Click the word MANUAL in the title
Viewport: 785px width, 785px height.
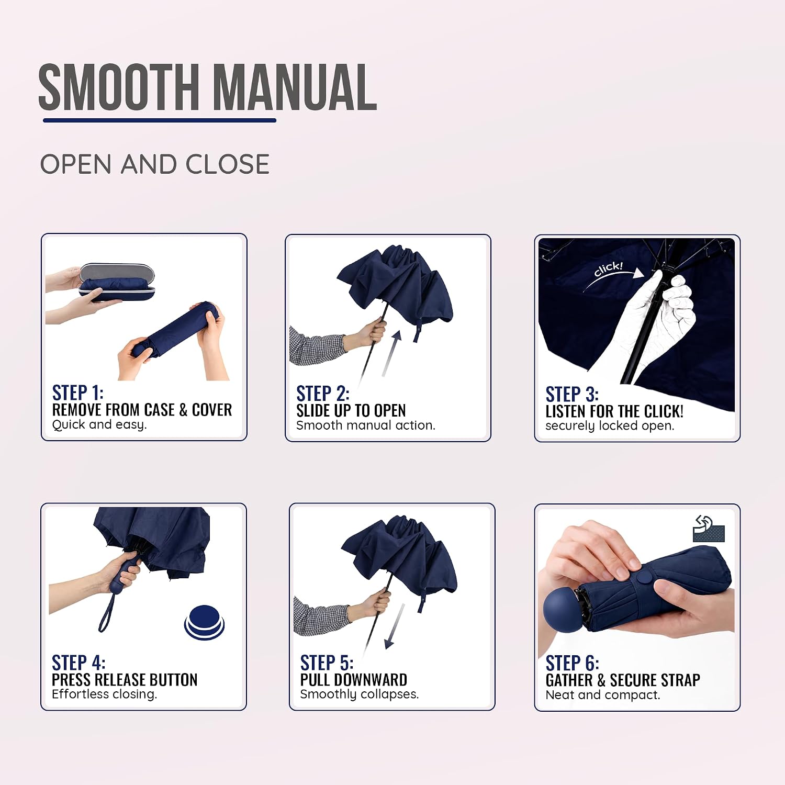click(x=295, y=87)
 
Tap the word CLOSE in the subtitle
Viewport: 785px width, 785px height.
click(x=228, y=164)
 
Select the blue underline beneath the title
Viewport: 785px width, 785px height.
click(x=160, y=120)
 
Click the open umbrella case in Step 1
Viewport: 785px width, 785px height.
click(x=117, y=282)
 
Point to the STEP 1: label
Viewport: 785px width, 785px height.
click(x=78, y=392)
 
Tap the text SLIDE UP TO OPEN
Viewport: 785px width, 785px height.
click(x=351, y=410)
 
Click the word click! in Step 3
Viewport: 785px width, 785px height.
click(x=608, y=269)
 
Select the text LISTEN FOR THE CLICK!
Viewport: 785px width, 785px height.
click(x=614, y=411)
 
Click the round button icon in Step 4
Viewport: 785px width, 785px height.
click(x=204, y=622)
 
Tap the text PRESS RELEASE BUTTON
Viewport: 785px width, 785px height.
click(x=125, y=679)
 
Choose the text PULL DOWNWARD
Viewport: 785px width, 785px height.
click(x=354, y=679)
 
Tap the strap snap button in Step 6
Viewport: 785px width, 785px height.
click(x=644, y=579)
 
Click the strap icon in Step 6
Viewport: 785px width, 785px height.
click(x=709, y=529)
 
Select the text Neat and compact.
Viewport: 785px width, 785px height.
click(x=603, y=695)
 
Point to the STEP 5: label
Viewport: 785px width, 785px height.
click(x=327, y=663)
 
